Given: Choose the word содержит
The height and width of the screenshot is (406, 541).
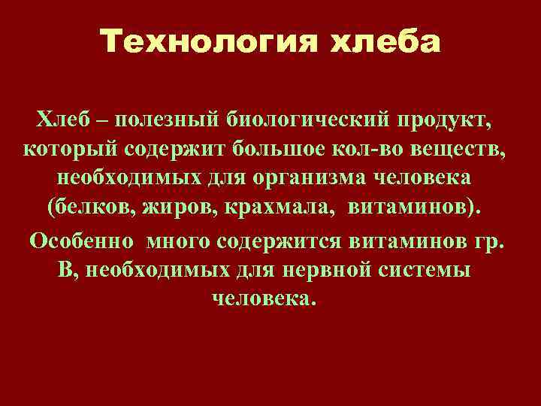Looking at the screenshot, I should pos(181,149).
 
